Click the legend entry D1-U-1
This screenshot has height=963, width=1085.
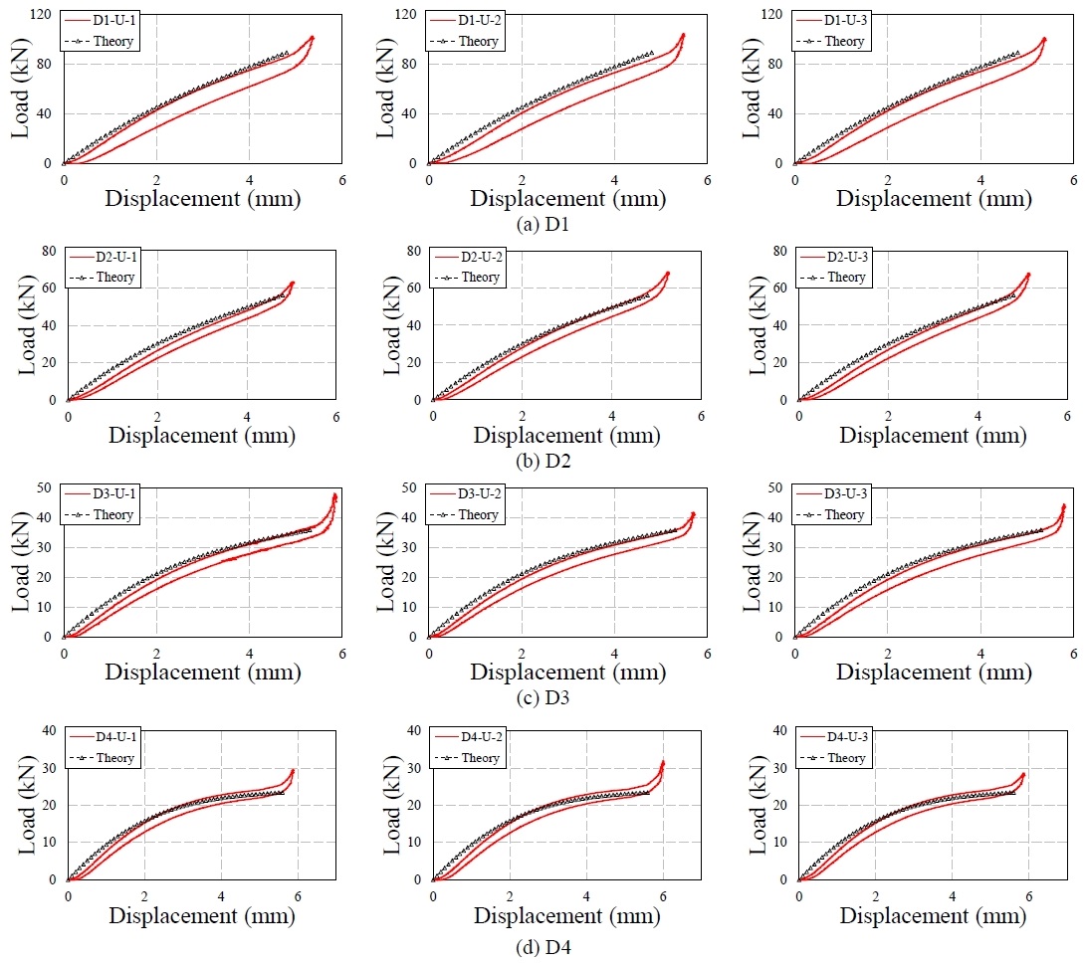(114, 20)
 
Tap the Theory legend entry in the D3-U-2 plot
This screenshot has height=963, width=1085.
(478, 514)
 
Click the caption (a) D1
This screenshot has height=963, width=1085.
(542, 224)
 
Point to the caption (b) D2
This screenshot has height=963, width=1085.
(543, 461)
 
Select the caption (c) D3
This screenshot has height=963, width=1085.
(542, 697)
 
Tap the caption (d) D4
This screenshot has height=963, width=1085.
(543, 947)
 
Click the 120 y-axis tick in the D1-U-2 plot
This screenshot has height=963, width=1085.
(405, 14)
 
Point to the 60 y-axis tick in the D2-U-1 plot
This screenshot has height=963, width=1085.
(49, 288)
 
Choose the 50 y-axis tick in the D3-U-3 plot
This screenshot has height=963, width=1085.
(775, 487)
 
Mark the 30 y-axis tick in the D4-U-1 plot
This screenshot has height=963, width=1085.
(49, 768)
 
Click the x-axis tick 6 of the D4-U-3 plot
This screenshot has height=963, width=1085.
(1029, 896)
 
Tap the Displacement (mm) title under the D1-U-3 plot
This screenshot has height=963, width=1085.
(934, 199)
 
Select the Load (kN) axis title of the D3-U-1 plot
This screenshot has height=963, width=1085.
(20, 562)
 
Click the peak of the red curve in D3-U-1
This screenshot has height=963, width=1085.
(334, 494)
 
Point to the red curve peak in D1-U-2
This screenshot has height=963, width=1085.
(683, 35)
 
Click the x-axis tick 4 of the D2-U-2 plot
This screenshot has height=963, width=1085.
(612, 417)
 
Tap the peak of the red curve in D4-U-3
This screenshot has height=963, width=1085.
(1022, 774)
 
